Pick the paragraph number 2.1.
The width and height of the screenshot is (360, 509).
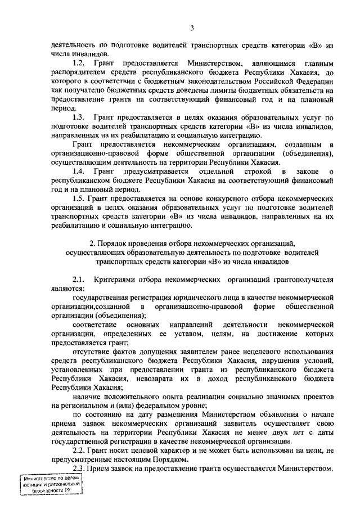pos(79,279)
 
